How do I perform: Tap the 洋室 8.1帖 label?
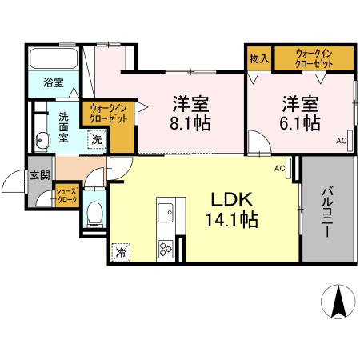(x=191, y=114)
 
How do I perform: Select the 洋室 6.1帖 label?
(x=298, y=114)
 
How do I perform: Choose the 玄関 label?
(x=39, y=174)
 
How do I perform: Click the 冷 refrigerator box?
(x=121, y=250)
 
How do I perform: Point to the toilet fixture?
(x=93, y=212)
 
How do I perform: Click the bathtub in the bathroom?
(x=54, y=59)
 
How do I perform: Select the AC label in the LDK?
(x=280, y=169)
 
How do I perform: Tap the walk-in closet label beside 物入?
(x=314, y=58)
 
